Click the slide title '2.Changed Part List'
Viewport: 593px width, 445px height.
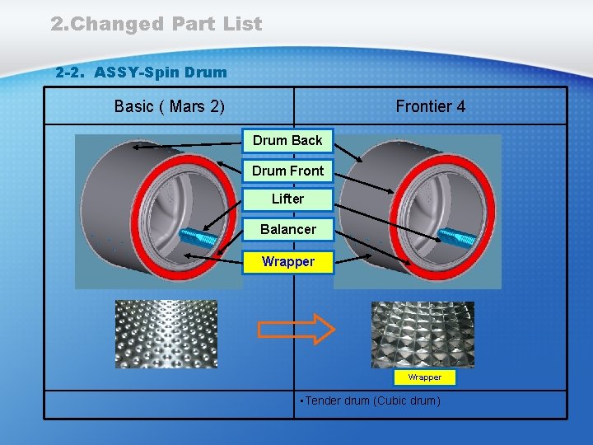156,24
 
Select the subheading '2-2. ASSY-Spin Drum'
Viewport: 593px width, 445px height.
141,73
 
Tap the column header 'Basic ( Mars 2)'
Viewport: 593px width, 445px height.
170,106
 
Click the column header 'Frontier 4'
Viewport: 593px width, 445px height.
430,106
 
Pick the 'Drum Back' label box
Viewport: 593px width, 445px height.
287,141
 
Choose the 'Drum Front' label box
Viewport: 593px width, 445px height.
287,171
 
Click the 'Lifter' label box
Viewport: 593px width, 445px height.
287,199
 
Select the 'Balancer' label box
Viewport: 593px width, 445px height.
287,229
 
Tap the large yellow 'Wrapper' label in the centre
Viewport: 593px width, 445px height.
287,262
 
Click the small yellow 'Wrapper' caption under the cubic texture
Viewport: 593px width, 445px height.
425,377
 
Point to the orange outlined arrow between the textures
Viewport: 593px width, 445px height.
296,330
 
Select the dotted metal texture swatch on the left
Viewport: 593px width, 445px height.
166,333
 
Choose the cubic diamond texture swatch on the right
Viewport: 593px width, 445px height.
423,334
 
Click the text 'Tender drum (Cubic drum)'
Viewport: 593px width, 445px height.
374,401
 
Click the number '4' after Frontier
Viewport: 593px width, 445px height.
460,106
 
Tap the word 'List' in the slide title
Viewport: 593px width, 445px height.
241,24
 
